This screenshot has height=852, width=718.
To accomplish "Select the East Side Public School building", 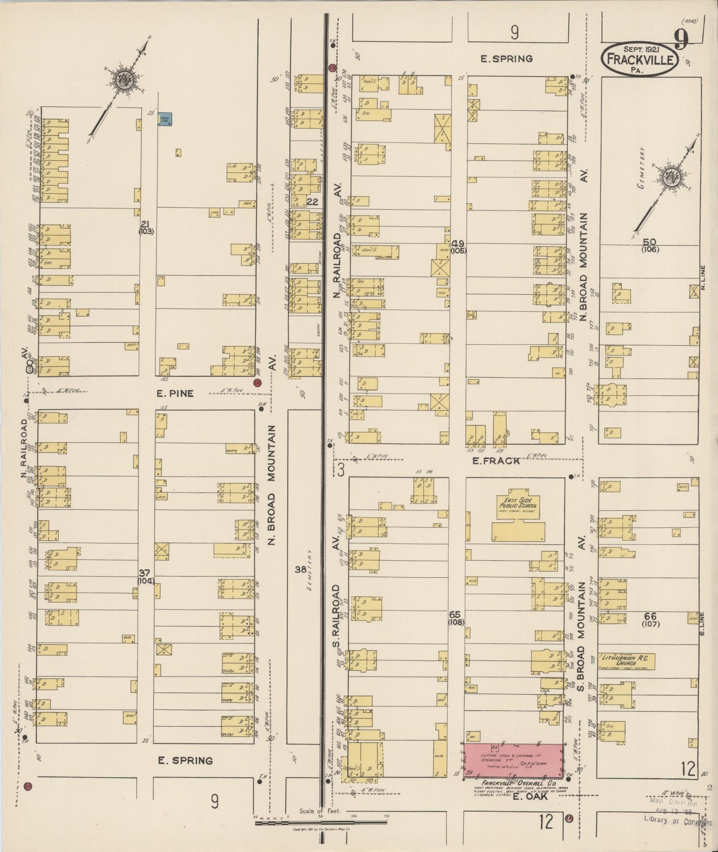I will [x=519, y=519].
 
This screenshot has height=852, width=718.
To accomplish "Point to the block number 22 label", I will [x=312, y=201].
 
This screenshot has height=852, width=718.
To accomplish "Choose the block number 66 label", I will [x=650, y=616].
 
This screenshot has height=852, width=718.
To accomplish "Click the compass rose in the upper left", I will [x=122, y=80].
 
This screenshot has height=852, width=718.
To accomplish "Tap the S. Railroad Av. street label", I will [x=336, y=611].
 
